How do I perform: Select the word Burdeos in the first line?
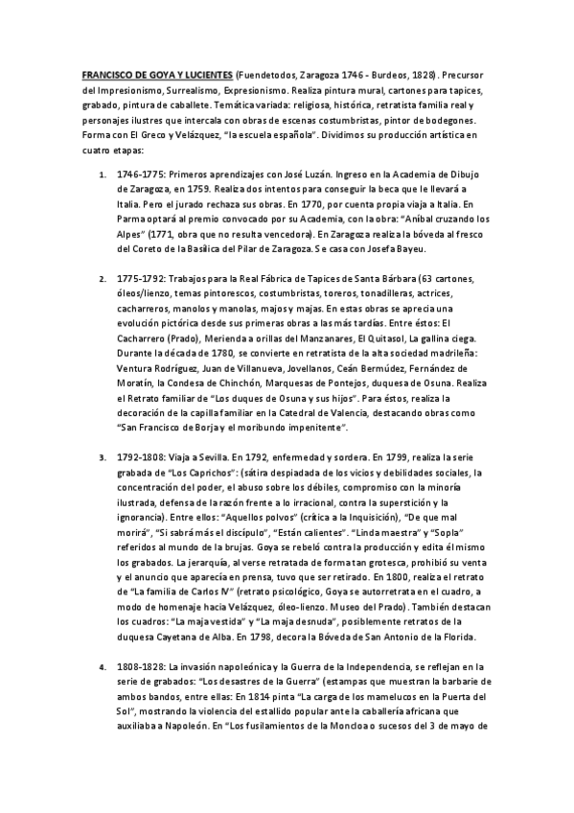[391, 74]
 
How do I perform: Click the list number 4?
[103, 666]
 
